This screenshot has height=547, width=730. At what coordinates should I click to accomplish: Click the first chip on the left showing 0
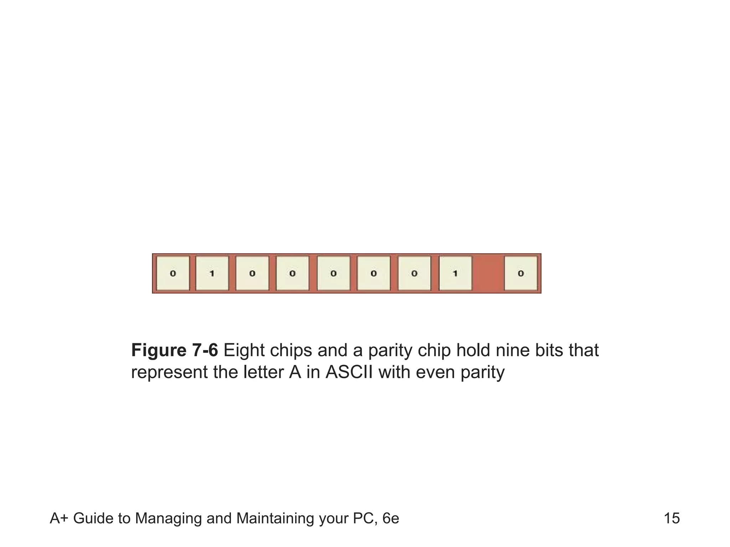coord(173,273)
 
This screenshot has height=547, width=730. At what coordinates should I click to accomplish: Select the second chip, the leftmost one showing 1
coord(212,273)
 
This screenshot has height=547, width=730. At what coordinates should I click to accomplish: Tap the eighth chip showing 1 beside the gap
coord(455,273)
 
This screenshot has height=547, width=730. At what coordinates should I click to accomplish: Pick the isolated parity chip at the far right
coord(521,273)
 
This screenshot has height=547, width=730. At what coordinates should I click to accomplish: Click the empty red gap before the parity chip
coord(488,273)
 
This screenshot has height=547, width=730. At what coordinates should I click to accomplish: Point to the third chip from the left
coord(252,273)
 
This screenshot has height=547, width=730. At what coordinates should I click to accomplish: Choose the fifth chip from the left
coord(333,273)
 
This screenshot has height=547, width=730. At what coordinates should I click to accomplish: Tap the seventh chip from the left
coord(414,273)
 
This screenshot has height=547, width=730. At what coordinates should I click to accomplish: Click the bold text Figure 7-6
coord(174,350)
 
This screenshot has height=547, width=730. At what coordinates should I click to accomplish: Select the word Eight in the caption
coord(244,350)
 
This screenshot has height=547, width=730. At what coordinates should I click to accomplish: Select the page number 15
coord(672,519)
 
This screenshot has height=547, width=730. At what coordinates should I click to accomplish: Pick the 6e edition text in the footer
coord(391,519)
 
